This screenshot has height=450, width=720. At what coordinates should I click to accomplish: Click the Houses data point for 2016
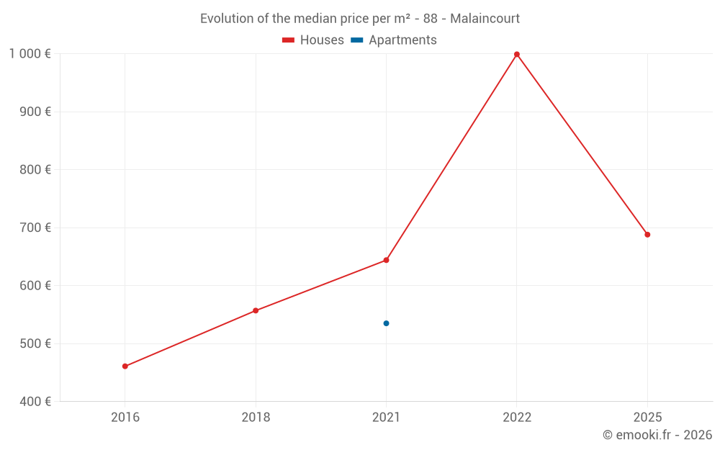(x=125, y=366)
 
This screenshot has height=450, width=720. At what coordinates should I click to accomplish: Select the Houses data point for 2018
(x=256, y=311)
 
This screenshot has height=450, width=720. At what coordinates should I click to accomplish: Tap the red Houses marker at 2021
(x=387, y=260)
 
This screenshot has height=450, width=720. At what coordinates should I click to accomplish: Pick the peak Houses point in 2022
(x=517, y=54)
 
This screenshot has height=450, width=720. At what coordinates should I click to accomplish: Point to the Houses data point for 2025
(x=647, y=235)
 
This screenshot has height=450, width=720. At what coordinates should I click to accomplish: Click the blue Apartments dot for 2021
(x=387, y=323)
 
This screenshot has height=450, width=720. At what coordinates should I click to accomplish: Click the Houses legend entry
(x=313, y=40)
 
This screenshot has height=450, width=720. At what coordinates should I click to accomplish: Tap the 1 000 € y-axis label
(x=30, y=54)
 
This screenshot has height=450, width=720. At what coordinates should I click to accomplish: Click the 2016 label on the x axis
(x=125, y=418)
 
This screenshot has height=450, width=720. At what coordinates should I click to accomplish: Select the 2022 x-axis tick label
(x=517, y=418)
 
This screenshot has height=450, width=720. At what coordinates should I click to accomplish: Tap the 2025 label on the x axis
(x=647, y=418)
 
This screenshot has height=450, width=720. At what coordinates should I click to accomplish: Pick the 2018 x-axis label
(x=256, y=418)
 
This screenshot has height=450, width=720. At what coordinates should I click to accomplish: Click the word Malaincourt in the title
(x=485, y=19)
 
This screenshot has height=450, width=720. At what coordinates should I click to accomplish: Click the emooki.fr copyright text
(x=657, y=435)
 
